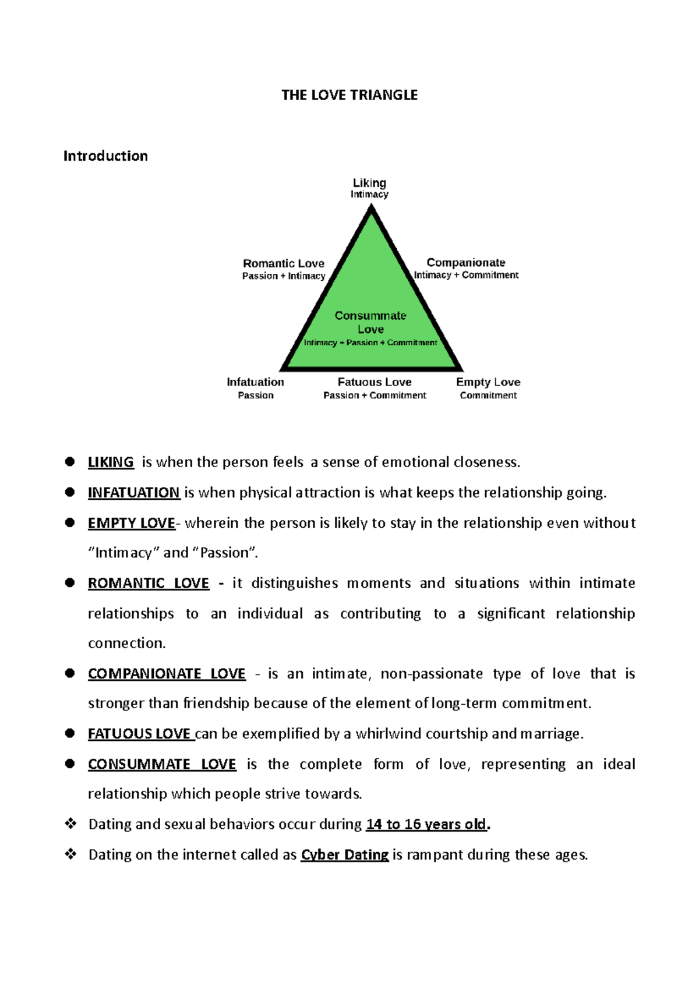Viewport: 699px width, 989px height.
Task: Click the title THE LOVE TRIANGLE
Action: tap(349, 95)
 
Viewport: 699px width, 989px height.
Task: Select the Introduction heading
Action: tap(105, 156)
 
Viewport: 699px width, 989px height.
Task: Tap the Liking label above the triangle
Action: tap(369, 183)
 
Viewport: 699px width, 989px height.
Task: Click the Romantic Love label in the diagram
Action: tap(284, 263)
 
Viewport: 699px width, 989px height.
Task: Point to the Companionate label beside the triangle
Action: tap(465, 263)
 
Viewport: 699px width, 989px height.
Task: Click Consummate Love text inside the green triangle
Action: tap(370, 322)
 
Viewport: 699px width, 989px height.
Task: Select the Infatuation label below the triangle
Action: tap(255, 382)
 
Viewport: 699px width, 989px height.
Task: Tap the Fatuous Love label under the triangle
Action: tap(375, 382)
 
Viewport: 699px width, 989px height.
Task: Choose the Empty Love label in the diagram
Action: tap(488, 382)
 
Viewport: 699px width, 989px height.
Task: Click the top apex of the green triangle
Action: tap(371, 211)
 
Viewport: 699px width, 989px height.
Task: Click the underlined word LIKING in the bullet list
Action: tap(111, 462)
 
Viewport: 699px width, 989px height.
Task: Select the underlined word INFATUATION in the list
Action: tap(133, 493)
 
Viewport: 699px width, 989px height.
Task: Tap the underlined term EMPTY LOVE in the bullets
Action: tap(131, 523)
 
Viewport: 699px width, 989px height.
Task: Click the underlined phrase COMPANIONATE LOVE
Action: tap(167, 674)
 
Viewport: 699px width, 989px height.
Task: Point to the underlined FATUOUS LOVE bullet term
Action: tap(139, 734)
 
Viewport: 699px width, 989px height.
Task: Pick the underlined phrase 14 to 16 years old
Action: tap(426, 824)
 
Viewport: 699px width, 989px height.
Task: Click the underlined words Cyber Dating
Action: tap(344, 854)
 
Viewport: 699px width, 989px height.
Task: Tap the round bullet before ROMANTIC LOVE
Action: tap(70, 583)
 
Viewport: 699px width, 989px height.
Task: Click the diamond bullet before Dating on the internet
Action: tap(71, 854)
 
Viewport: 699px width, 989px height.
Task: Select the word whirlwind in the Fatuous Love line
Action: tap(389, 734)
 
